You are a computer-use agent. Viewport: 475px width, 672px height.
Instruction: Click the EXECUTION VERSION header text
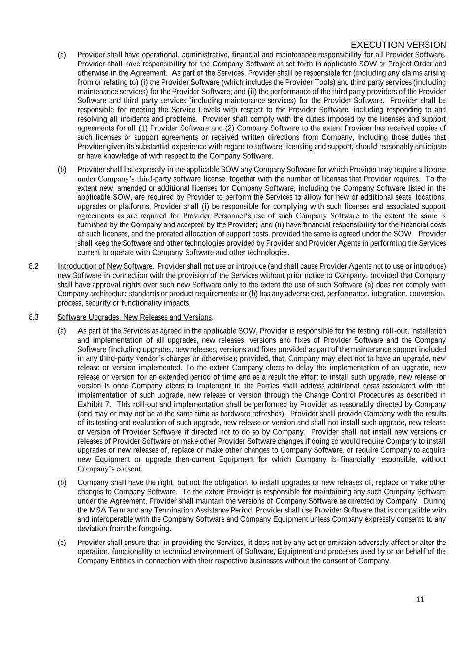click(398, 45)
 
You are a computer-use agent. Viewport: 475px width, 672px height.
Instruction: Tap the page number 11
click(420, 599)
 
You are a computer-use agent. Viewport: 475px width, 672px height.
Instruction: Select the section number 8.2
click(33, 266)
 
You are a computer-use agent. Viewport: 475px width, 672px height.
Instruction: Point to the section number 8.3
click(33, 317)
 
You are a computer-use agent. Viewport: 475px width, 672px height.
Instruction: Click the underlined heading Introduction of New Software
click(105, 266)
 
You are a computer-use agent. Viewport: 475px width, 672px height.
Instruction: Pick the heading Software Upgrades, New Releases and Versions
click(134, 317)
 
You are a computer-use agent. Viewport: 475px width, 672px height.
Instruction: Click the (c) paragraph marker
click(62, 543)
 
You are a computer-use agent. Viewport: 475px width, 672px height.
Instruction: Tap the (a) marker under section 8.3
click(62, 331)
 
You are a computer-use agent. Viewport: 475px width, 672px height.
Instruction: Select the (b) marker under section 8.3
click(62, 482)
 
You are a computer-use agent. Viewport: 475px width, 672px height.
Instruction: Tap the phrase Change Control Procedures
click(349, 395)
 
